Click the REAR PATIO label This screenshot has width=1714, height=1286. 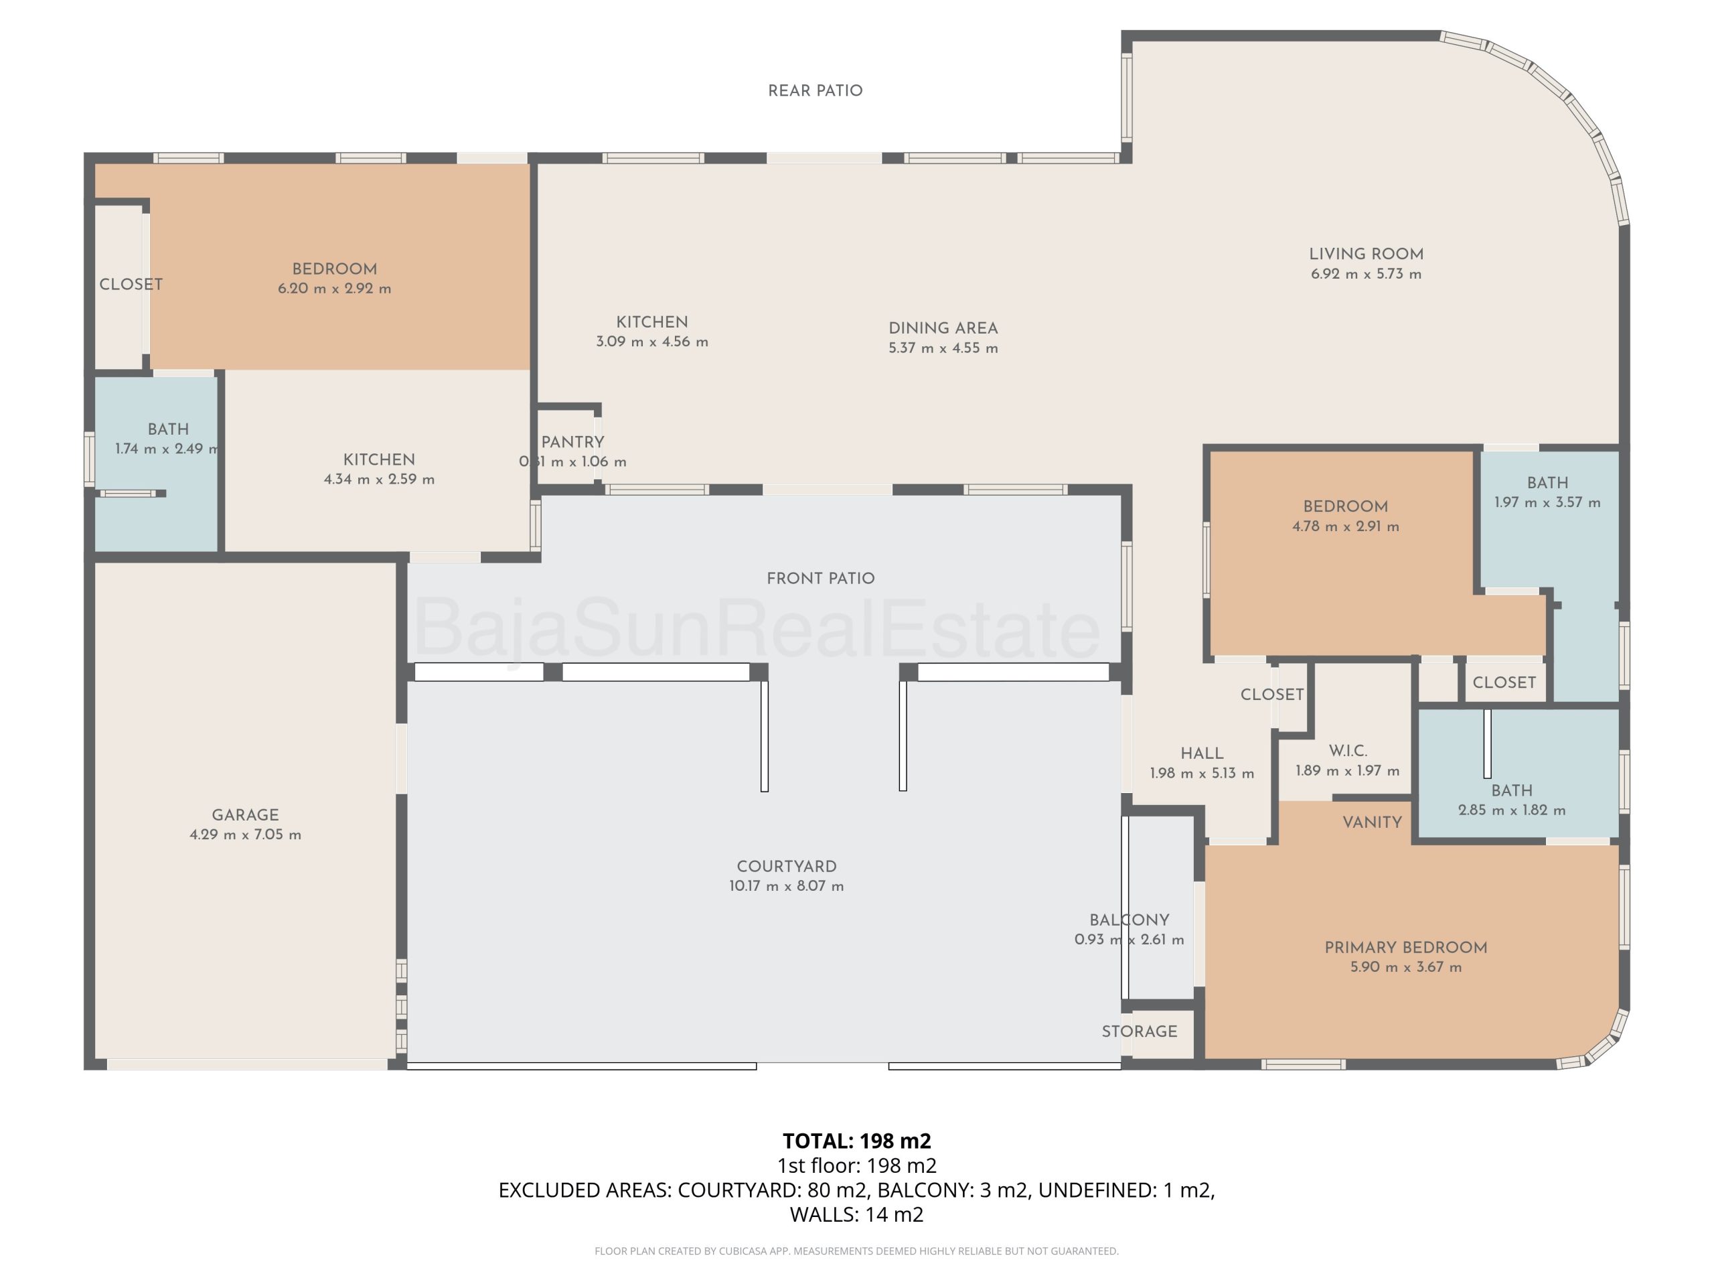point(815,90)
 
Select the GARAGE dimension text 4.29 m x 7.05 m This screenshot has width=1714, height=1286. point(246,835)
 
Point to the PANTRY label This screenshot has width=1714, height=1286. point(572,442)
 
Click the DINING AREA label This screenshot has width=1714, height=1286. point(943,328)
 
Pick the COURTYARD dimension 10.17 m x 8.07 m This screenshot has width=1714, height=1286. point(787,886)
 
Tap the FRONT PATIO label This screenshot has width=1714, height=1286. point(821,578)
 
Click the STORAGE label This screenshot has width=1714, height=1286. point(1140,1031)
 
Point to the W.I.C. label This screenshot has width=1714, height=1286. point(1348,750)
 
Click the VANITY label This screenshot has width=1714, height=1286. point(1373,823)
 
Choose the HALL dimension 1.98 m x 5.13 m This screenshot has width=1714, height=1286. point(1202,773)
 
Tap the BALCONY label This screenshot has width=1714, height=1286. point(1129,920)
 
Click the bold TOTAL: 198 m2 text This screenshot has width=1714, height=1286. point(857,1141)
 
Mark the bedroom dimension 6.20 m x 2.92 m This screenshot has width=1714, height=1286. point(335,289)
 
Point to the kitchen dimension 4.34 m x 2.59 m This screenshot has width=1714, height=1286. point(379,479)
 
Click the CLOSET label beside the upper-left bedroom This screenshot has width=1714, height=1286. point(131,285)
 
